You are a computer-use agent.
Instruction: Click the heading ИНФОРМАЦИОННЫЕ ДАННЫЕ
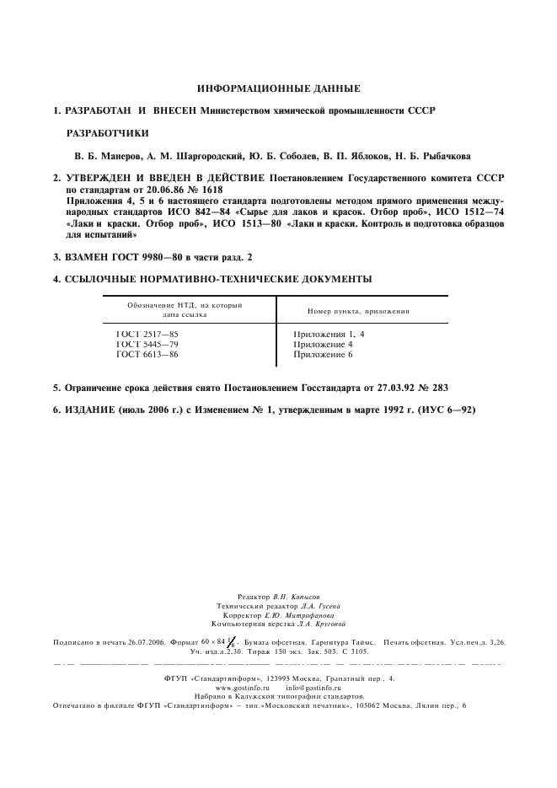pyautogui.click(x=278, y=88)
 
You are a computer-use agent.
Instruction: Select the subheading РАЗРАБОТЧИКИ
pyautogui.click(x=107, y=133)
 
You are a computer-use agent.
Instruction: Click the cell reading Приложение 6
pyautogui.click(x=323, y=355)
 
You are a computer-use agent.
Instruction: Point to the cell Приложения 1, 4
pyautogui.click(x=329, y=335)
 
